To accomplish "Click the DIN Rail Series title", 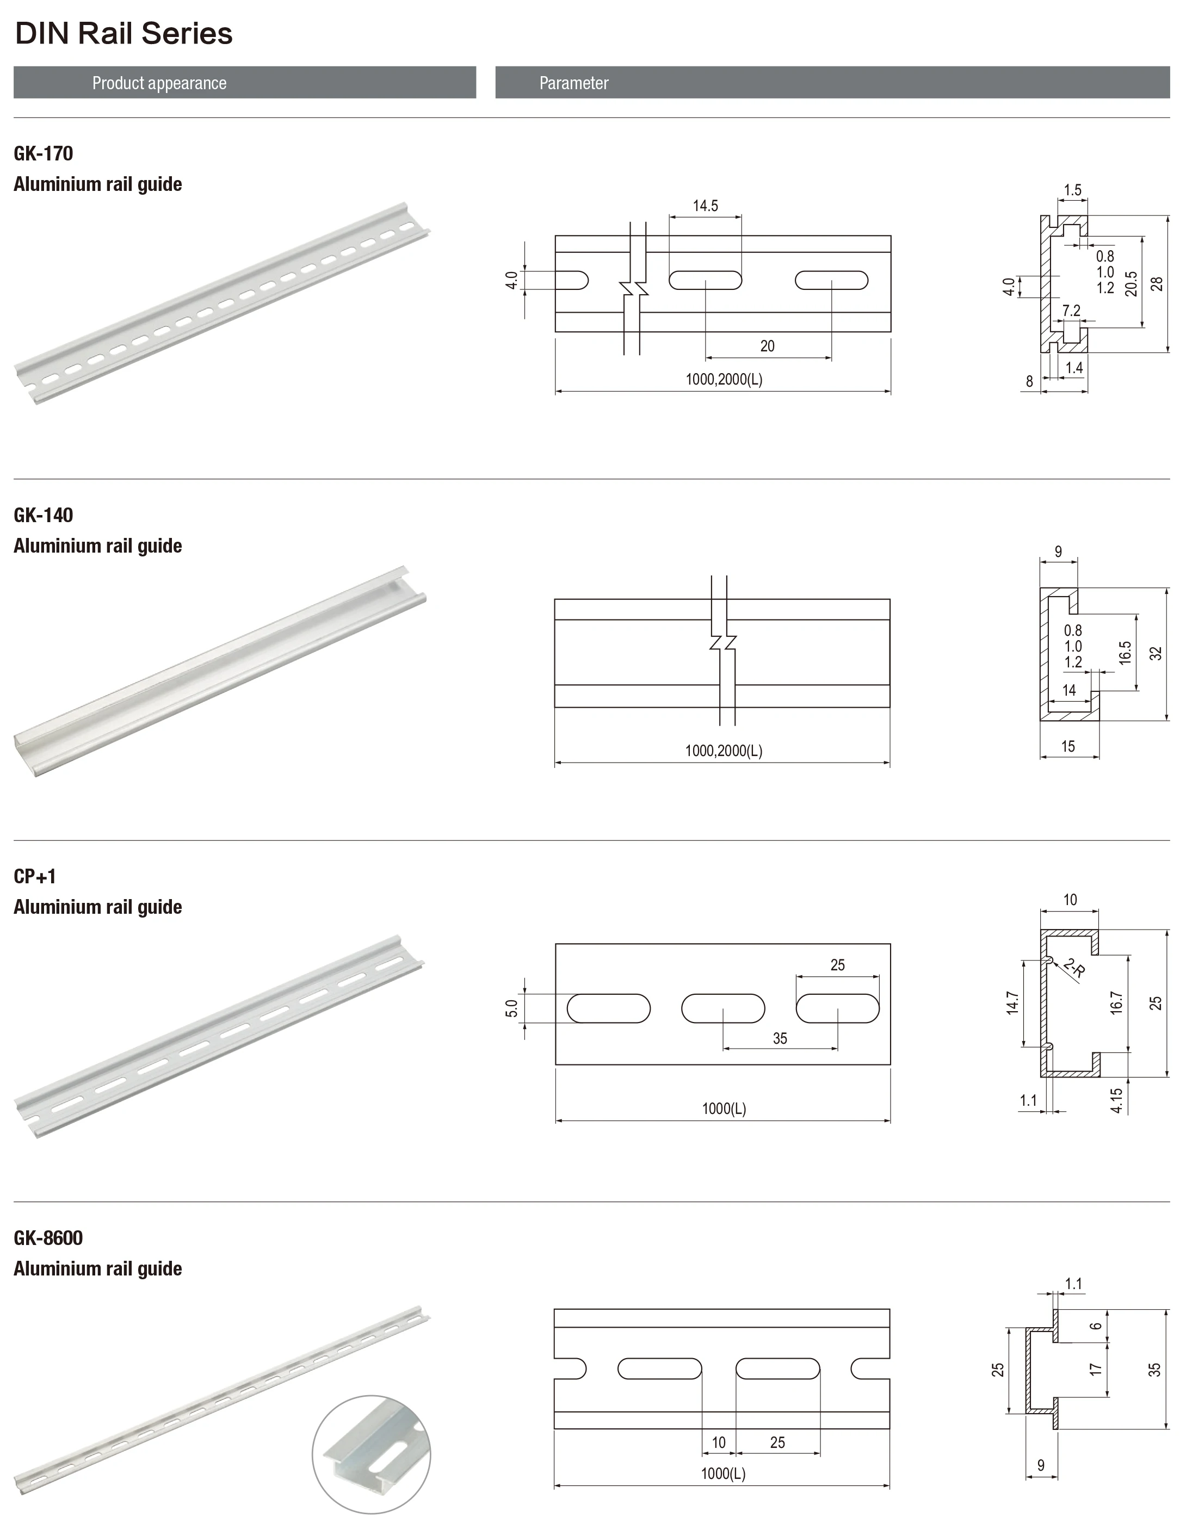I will [124, 34].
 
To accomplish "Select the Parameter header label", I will [573, 83].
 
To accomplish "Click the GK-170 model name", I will [44, 153].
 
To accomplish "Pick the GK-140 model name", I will [44, 515].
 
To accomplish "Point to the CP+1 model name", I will [34, 876].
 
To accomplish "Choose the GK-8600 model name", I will [48, 1238].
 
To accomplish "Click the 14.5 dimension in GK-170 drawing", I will [705, 206].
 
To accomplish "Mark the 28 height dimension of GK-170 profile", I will [1157, 283].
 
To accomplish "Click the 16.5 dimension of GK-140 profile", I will [1125, 653].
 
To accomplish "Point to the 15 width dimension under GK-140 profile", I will [1068, 746].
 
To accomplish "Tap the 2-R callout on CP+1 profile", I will [1074, 969].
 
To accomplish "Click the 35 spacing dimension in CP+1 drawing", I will [780, 1038].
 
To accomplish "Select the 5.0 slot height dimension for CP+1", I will [511, 1008].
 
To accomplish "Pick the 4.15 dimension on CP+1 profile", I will [1116, 1100].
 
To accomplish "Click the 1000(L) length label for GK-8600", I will [722, 1473].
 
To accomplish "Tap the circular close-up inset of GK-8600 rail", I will [372, 1454].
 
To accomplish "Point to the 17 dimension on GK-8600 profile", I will [1095, 1370].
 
